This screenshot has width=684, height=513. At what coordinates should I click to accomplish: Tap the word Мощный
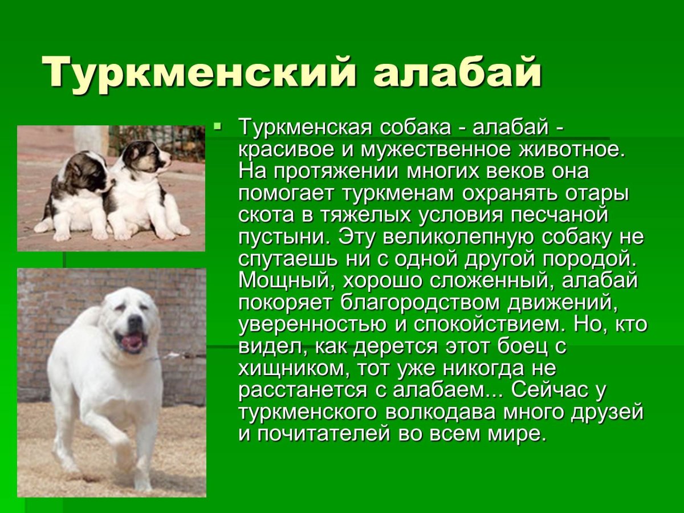280,280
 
